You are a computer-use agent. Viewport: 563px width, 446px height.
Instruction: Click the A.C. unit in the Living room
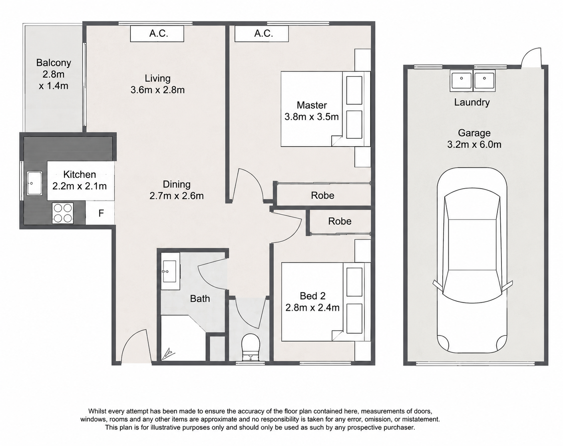click(x=157, y=34)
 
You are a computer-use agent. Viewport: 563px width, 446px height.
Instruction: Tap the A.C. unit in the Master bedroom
click(x=262, y=34)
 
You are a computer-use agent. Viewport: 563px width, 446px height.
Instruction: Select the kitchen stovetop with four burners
click(x=62, y=213)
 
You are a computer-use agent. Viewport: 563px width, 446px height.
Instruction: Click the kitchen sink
click(x=35, y=183)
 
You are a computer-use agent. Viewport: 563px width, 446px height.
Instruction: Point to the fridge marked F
click(x=101, y=213)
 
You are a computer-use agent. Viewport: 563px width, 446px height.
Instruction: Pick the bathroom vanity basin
click(x=169, y=271)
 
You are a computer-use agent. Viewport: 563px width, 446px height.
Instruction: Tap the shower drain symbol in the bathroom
click(x=167, y=354)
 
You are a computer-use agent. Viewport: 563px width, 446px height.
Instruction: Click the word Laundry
click(x=471, y=102)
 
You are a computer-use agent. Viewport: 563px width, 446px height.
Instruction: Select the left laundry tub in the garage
click(x=462, y=81)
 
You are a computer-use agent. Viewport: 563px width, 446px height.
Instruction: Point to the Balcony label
click(x=54, y=63)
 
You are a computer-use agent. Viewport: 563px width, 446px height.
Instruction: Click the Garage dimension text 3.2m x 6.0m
click(x=474, y=145)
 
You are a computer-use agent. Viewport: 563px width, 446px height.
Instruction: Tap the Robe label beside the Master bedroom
click(x=322, y=195)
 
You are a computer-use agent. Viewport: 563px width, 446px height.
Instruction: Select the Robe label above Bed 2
click(x=340, y=221)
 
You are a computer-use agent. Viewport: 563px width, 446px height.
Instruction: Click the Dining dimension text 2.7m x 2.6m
click(x=177, y=196)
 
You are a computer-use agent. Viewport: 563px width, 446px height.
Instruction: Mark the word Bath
click(x=200, y=299)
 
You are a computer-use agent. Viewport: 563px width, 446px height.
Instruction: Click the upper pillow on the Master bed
click(x=354, y=90)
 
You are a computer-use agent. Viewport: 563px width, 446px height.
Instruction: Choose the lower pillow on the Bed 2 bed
click(x=354, y=318)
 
